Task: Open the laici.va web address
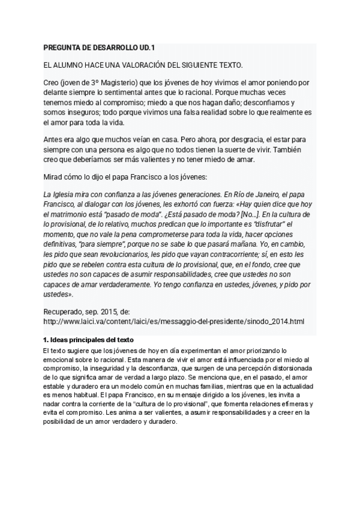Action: coord(175,322)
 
